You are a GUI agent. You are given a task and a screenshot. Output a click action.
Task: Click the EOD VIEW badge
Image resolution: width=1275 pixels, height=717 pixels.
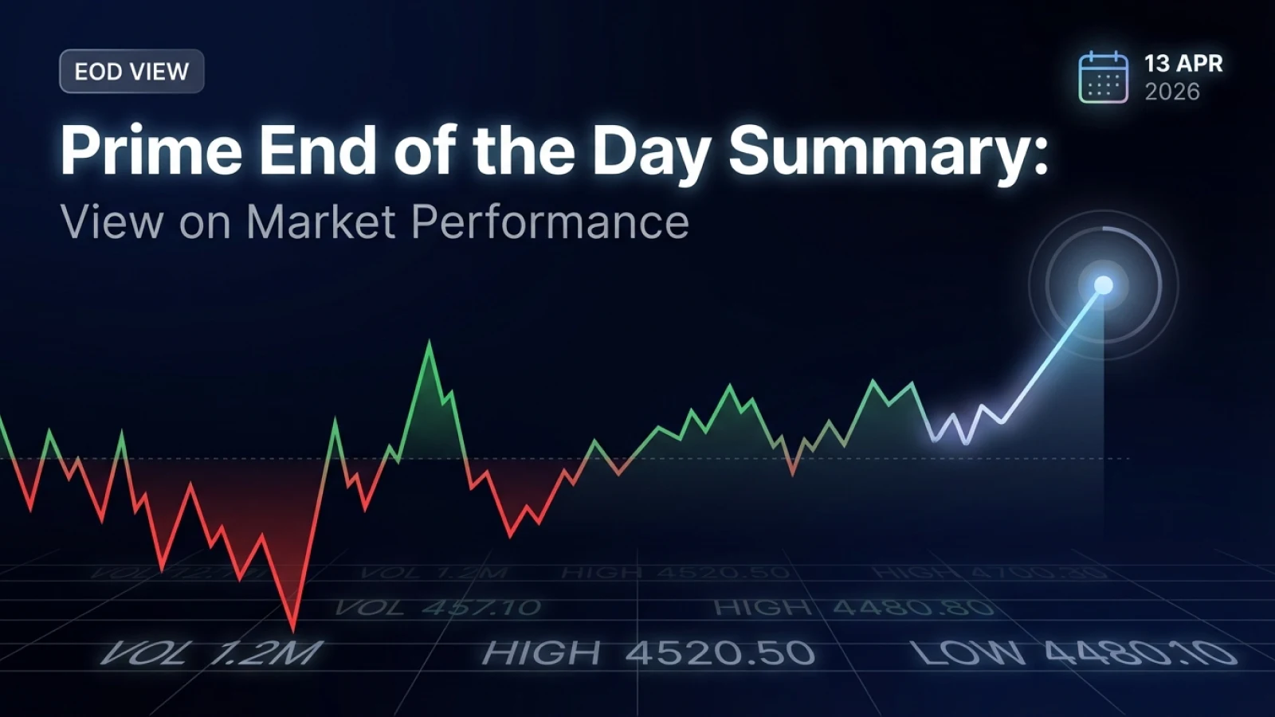pos(131,72)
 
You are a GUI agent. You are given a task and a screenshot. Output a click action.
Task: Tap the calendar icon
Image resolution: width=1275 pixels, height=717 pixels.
pos(1103,77)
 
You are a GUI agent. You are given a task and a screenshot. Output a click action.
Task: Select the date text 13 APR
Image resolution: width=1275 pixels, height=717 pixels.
pos(1183,64)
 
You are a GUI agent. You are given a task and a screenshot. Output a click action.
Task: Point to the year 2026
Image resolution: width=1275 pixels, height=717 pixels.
pos(1171,92)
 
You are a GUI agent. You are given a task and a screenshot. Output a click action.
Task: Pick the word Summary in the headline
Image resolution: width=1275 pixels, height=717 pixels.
pos(888,151)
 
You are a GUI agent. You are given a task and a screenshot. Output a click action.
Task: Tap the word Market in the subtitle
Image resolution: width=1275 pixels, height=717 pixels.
pos(321,221)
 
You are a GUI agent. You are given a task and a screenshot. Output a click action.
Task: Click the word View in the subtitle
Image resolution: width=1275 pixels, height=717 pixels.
pos(112,221)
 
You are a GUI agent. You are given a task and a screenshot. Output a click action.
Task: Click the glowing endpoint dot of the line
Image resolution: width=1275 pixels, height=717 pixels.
pos(1103,285)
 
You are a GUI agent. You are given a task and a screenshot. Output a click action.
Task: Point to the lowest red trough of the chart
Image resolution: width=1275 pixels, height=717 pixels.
pos(294,628)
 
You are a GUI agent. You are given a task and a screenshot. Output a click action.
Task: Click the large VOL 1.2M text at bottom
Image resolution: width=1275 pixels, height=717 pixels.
pos(212,653)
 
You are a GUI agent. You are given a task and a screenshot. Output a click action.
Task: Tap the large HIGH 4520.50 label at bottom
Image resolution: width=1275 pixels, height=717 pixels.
pos(648,653)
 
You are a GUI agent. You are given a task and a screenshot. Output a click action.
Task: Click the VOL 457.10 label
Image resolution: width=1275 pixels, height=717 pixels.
pos(437,608)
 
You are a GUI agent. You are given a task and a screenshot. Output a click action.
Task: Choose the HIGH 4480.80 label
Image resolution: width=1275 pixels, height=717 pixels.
pos(853,608)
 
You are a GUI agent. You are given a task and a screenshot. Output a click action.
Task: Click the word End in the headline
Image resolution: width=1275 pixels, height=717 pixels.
pos(317,150)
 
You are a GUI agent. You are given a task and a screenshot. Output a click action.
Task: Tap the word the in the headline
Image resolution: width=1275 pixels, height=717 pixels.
pos(523,150)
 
